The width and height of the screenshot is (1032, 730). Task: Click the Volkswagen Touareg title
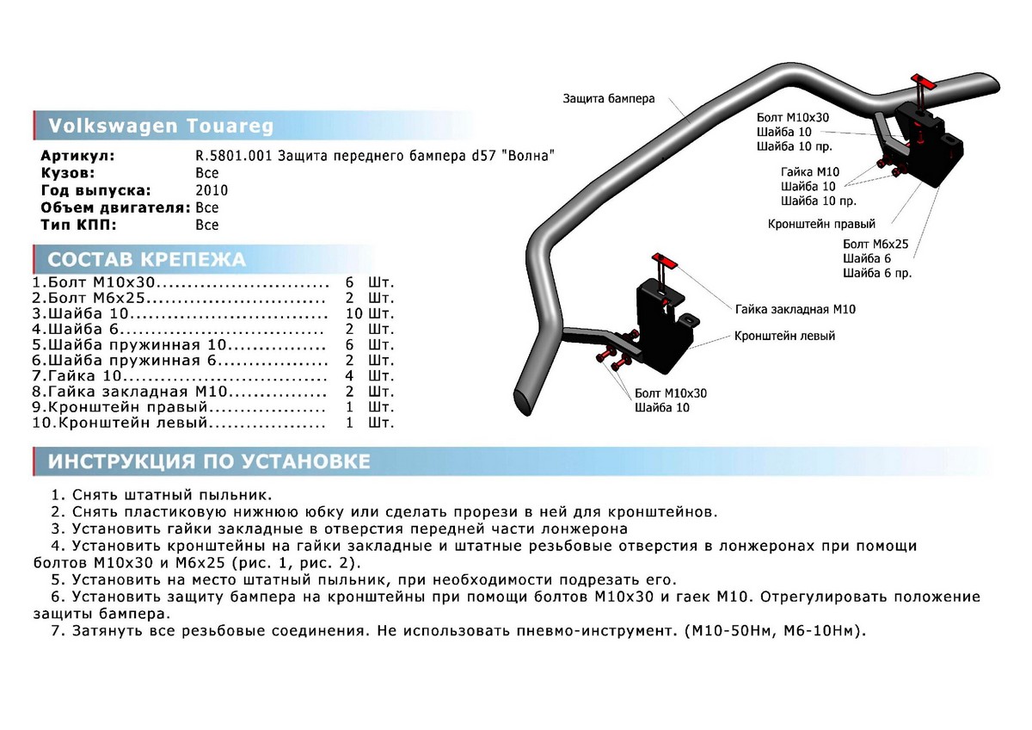coord(161,126)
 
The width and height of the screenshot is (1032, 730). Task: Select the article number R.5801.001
coord(233,156)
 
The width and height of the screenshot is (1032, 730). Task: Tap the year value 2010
coord(212,190)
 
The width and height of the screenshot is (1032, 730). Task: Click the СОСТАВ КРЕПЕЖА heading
coord(146,259)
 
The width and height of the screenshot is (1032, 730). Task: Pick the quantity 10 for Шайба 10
coord(353,313)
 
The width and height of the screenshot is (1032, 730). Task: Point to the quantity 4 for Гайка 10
coord(349,376)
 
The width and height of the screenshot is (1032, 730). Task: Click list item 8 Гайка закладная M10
coord(129,392)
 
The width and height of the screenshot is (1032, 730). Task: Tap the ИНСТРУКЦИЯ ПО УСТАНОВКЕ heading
coord(209,461)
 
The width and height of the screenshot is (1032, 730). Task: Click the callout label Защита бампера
coord(609,98)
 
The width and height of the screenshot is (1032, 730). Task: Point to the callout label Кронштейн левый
coord(784,336)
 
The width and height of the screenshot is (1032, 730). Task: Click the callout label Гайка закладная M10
coord(795,308)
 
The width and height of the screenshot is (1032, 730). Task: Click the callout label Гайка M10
coord(810,171)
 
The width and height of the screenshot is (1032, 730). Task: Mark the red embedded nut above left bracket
coord(662,261)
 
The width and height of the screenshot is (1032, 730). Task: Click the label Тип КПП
coord(77,225)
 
